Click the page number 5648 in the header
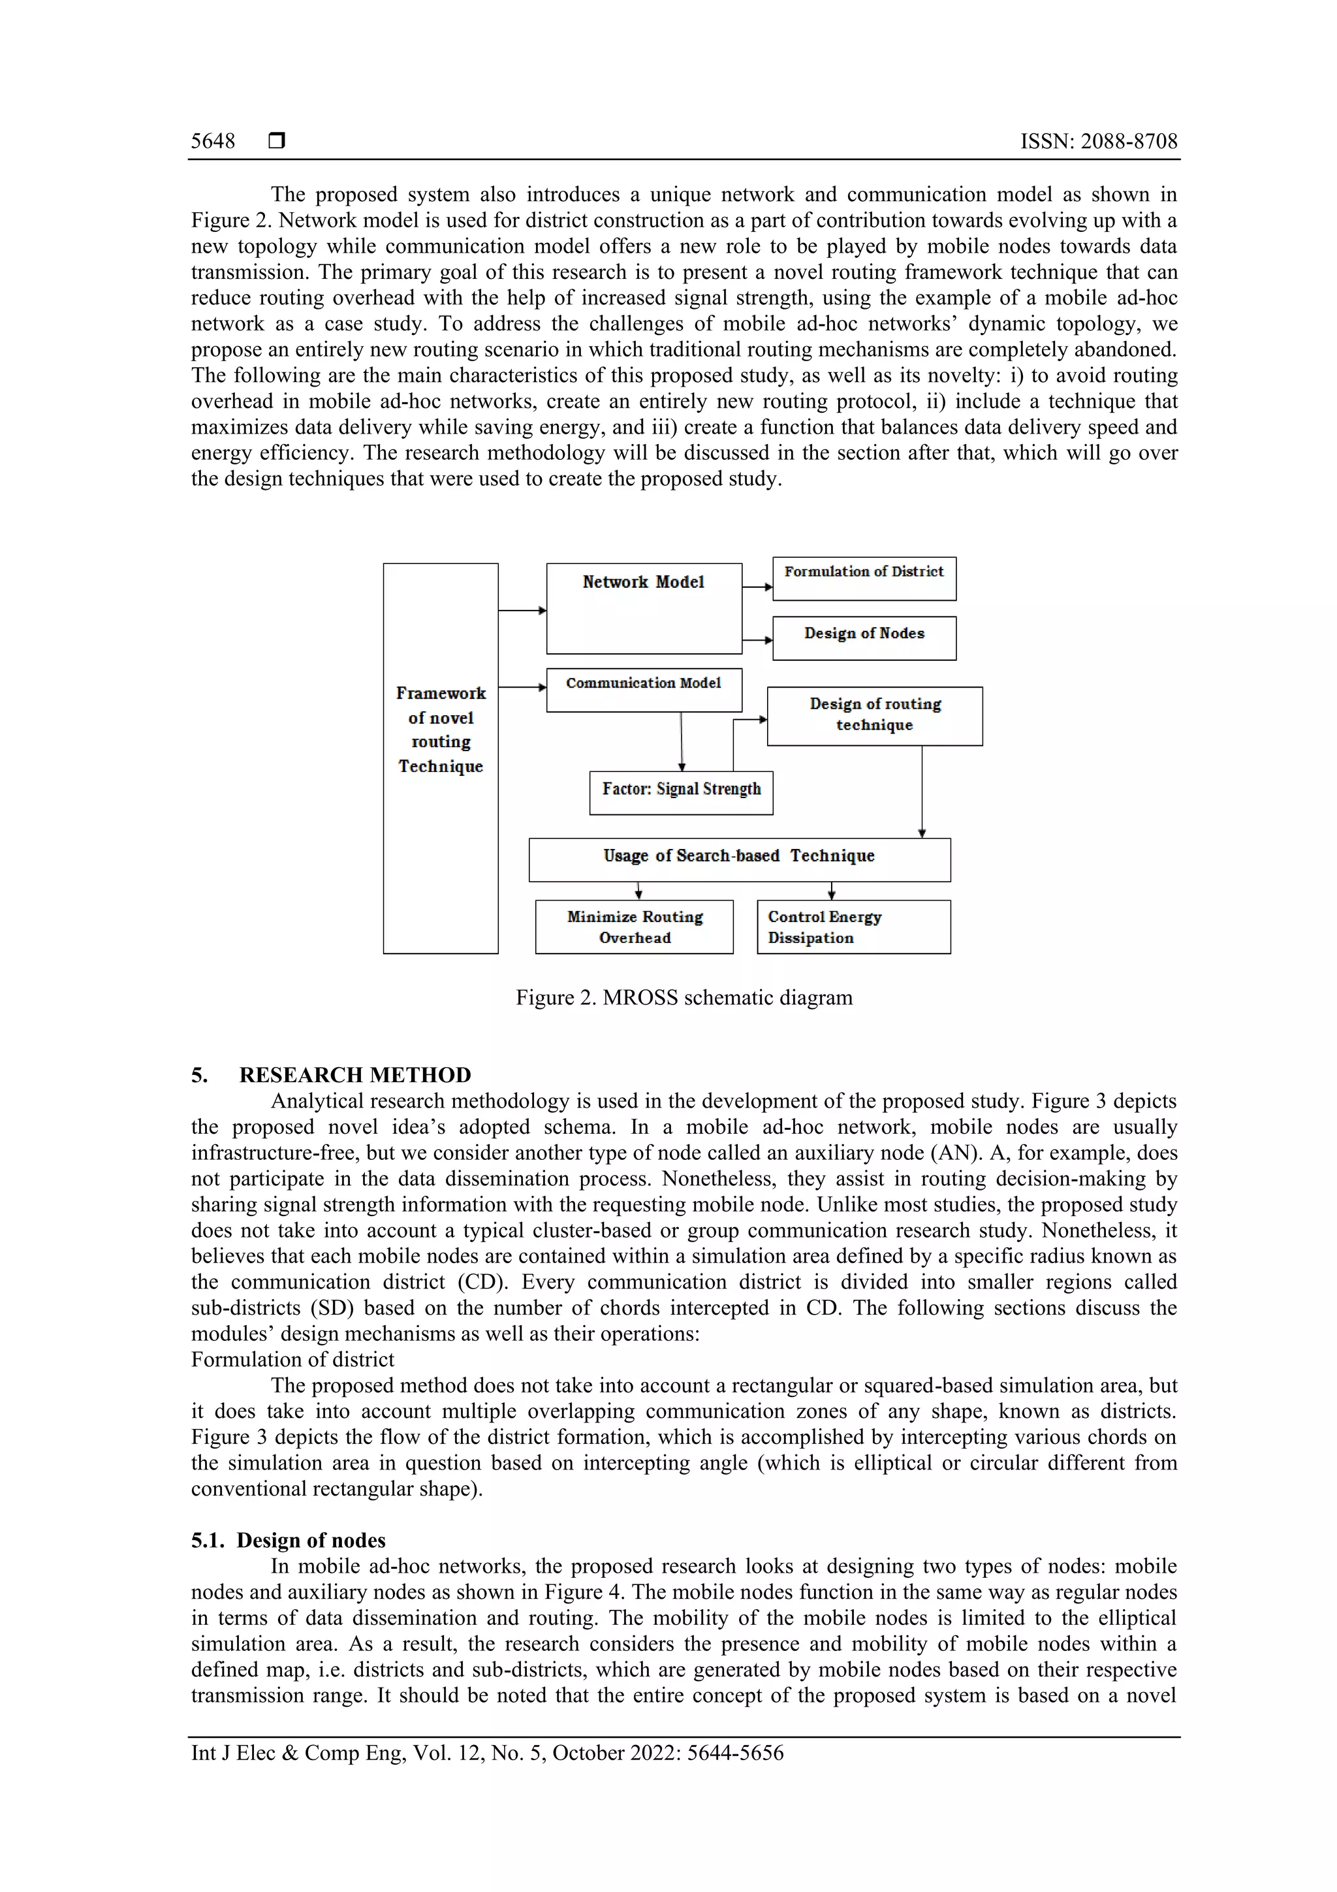(213, 141)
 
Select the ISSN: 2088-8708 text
(1098, 141)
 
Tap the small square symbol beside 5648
(277, 141)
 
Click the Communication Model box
(644, 689)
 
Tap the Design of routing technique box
(874, 715)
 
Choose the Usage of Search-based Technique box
(739, 859)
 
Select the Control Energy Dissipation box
(853, 926)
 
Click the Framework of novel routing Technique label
(441, 730)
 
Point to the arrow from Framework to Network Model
(522, 611)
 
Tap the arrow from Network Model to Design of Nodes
(757, 640)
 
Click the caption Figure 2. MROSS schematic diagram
(684, 997)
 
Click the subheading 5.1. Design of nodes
(289, 1540)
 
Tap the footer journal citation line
(487, 1752)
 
